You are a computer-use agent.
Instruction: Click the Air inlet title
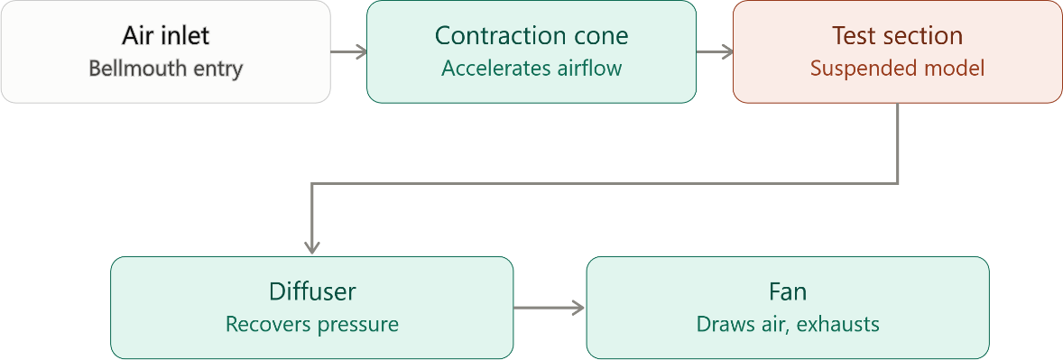(x=165, y=35)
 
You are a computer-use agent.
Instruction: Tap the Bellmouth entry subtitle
(x=165, y=69)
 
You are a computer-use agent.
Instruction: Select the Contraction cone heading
(x=531, y=35)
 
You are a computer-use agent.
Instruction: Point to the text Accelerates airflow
(x=531, y=69)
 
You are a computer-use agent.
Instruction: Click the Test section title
(x=898, y=35)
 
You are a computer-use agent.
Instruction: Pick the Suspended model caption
(x=898, y=69)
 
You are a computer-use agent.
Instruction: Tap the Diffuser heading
(x=312, y=291)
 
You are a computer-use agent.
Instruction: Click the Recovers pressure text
(x=312, y=325)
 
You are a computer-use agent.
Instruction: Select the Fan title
(x=788, y=291)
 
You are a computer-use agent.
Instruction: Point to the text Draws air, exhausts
(x=788, y=325)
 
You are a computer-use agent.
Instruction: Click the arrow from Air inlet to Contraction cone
(x=348, y=51)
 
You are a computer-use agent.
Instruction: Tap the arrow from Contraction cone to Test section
(x=715, y=51)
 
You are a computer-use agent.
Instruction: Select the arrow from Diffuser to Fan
(x=550, y=308)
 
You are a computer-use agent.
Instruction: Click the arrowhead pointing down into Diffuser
(x=312, y=248)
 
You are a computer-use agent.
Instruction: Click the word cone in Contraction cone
(x=603, y=36)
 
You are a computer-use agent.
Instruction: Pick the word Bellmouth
(x=135, y=69)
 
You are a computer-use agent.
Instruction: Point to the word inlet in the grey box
(x=187, y=35)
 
